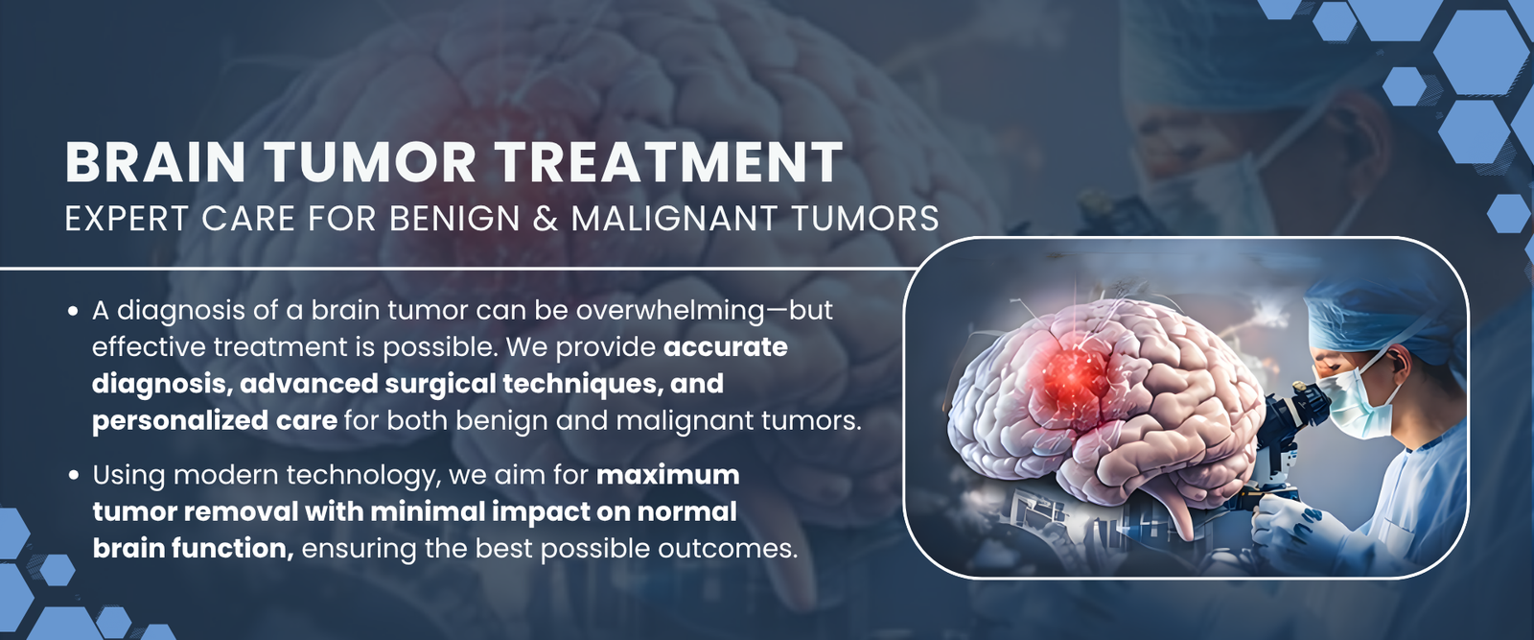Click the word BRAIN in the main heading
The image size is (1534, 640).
point(155,162)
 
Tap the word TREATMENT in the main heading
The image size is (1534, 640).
point(669,162)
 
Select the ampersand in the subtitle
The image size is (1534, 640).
point(546,219)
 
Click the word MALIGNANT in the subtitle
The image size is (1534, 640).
point(675,219)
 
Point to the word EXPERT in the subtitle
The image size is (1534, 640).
point(127,219)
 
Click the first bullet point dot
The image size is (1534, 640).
point(73,311)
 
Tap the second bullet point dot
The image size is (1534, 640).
point(73,476)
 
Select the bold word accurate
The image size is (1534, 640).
point(726,346)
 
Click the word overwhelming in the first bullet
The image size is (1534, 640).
point(670,311)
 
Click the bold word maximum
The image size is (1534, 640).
point(667,475)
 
